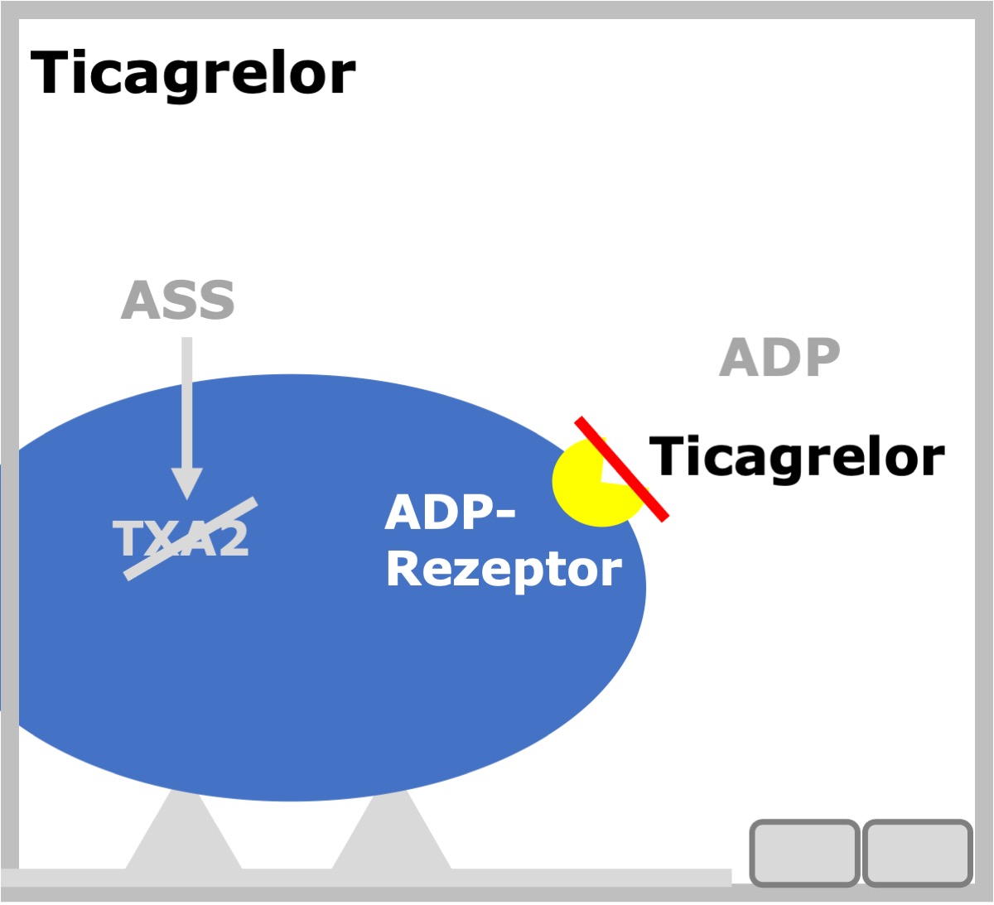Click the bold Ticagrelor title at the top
193,75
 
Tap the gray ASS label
178,300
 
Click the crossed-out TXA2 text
181,538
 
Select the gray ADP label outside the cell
779,357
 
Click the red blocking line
622,469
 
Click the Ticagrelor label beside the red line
797,457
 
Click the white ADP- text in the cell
451,513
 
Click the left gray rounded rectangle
804,853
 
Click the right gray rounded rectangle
918,853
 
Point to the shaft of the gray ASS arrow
187,402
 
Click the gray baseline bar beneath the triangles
365,877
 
